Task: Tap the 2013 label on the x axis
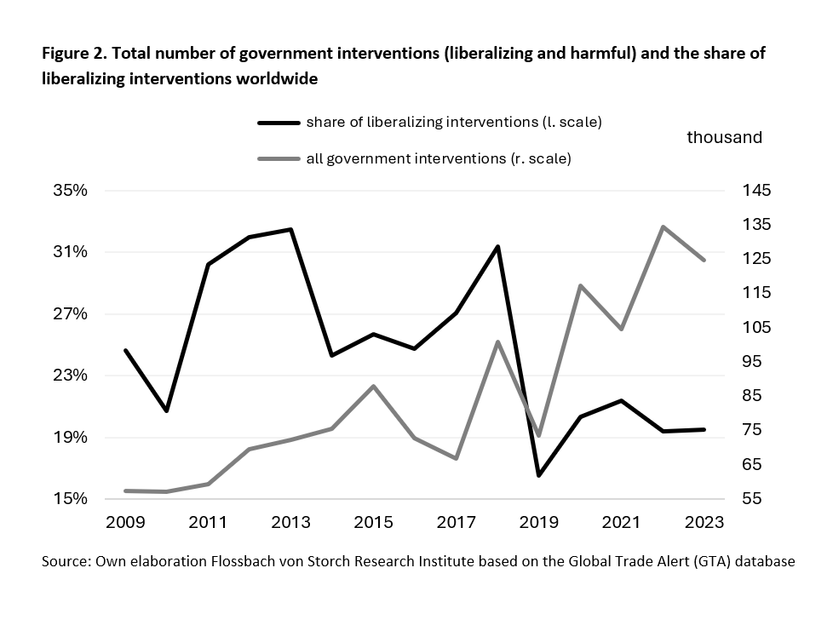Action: coord(290,522)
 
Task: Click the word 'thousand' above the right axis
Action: coord(724,137)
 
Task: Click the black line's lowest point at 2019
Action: coord(538,475)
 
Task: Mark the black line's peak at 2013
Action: coord(291,229)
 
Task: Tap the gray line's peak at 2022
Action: coord(664,227)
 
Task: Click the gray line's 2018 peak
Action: coord(497,342)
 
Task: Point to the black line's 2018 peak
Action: coord(497,246)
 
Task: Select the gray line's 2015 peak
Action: coord(373,387)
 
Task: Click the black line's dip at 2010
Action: coord(167,410)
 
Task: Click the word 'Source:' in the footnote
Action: coord(66,562)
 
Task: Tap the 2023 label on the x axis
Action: coord(704,522)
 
